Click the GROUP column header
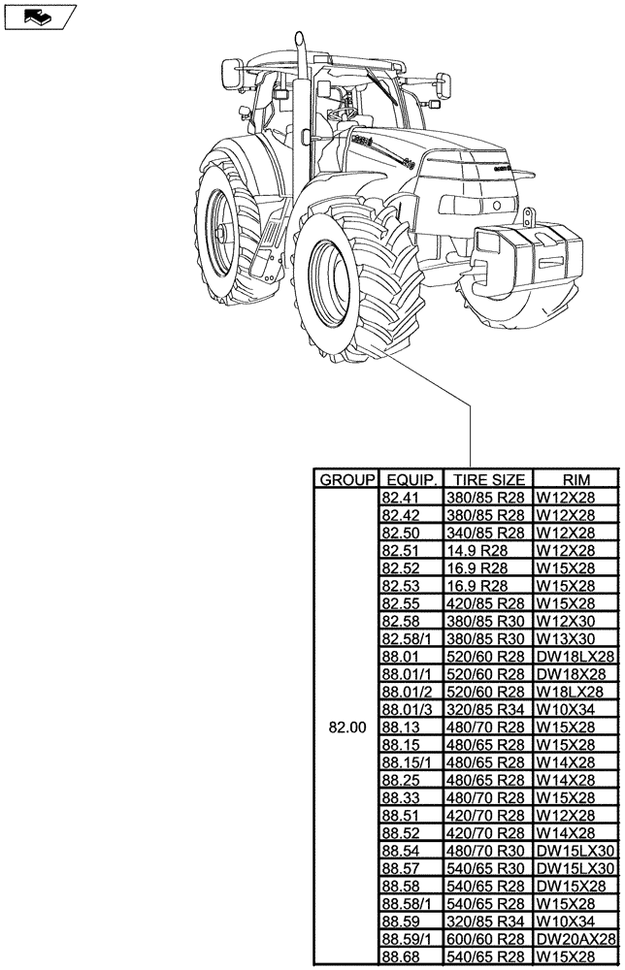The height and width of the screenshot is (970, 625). point(345,479)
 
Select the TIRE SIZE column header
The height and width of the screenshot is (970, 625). point(489,479)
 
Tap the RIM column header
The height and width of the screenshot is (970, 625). point(575,479)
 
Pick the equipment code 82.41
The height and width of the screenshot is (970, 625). point(401,498)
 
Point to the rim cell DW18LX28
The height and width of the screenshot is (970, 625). point(576,657)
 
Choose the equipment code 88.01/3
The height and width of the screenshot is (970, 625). point(408,710)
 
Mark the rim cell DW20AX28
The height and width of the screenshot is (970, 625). point(576,940)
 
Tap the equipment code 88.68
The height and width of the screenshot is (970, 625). point(401,957)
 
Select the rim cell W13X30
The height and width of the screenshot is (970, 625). point(565,639)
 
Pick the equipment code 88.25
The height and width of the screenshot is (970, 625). point(401,781)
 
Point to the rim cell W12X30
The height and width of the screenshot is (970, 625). point(565,622)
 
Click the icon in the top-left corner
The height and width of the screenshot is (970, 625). point(39,16)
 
